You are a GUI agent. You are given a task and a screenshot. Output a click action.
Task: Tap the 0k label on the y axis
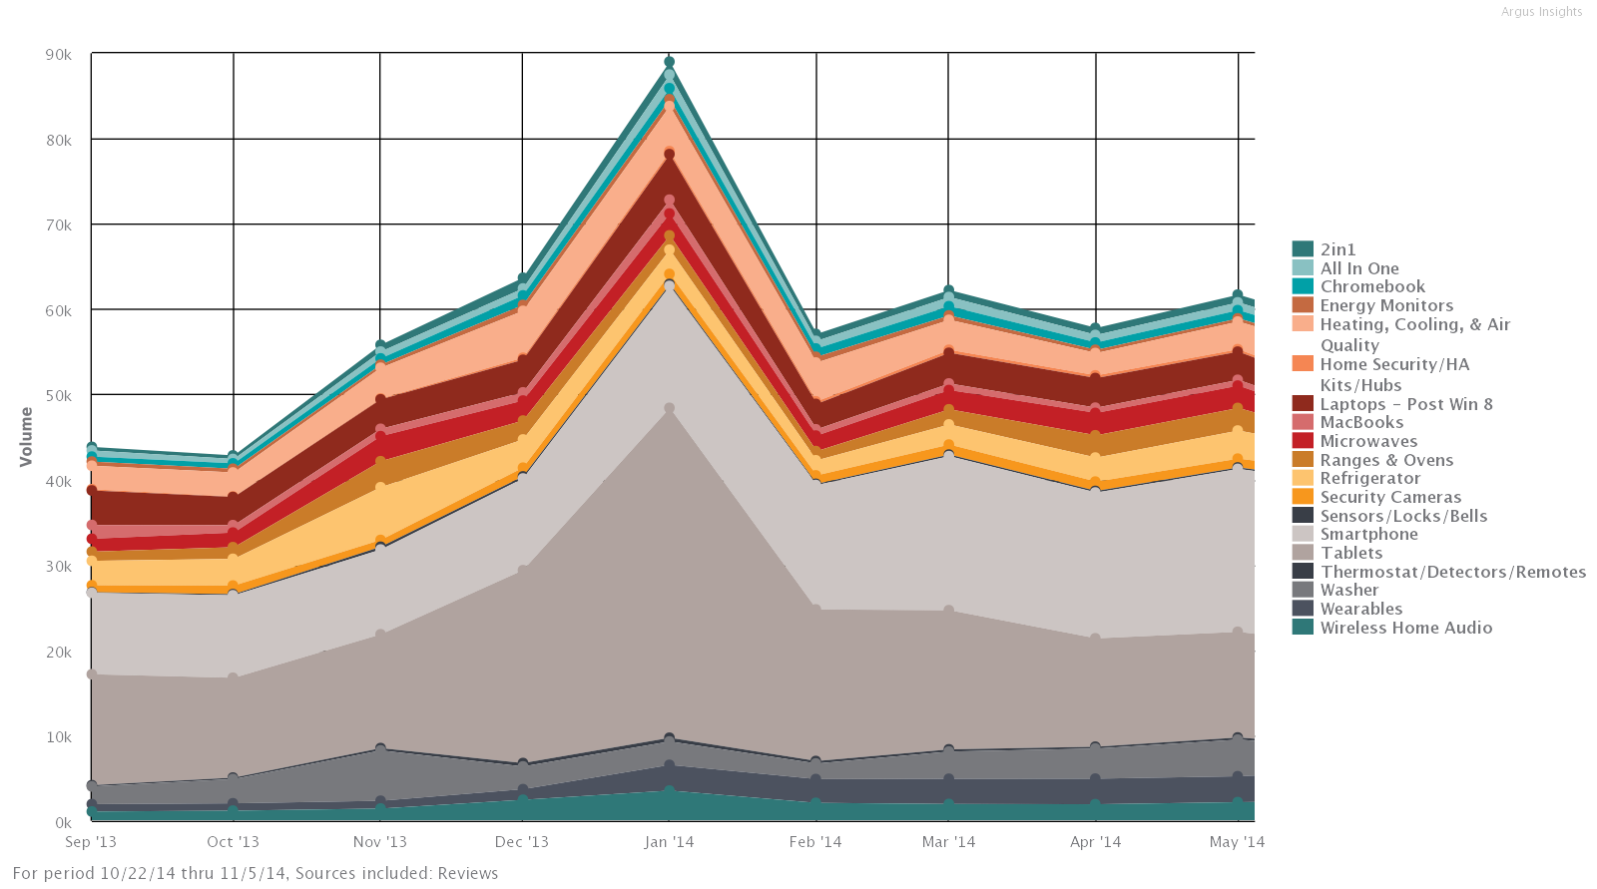64,823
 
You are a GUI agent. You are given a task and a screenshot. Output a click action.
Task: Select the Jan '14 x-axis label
669,842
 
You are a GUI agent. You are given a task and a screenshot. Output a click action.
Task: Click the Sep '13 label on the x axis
91,842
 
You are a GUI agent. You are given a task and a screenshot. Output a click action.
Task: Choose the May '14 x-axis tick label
1237,842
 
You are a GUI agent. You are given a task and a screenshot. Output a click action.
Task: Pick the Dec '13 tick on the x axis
522,842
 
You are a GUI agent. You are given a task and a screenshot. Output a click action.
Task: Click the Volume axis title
26,436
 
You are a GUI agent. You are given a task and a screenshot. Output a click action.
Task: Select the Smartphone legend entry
1368,535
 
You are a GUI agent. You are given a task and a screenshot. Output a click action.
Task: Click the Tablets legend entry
1351,553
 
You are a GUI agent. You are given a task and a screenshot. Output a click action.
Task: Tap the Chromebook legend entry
1372,286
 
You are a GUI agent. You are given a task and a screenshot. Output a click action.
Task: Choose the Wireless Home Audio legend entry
1405,628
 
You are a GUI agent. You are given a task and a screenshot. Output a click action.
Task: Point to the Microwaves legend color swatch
1302,441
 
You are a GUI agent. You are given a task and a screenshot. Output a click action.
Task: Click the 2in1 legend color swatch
1302,249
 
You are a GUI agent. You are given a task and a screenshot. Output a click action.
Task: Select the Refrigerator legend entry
1369,479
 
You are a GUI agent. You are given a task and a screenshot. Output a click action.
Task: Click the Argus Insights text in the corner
1541,12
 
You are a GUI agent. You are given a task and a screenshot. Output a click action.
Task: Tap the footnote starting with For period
256,873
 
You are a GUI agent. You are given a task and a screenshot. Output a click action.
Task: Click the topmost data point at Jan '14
669,62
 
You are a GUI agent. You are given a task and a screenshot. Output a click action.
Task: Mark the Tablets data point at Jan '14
669,408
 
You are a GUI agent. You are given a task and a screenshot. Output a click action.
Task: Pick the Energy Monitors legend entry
1386,305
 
